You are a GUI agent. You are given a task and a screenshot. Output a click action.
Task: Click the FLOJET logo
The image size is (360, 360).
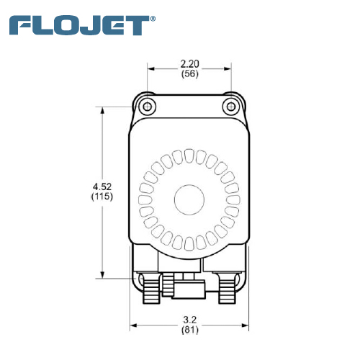tap(79, 25)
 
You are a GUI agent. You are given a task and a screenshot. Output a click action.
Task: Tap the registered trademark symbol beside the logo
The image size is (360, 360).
tap(153, 19)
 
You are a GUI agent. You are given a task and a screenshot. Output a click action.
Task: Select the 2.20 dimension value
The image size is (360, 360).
tap(189, 64)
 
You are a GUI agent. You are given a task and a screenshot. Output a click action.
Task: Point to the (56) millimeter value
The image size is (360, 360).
tap(190, 73)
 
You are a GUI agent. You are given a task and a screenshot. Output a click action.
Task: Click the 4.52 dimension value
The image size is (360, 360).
tap(102, 186)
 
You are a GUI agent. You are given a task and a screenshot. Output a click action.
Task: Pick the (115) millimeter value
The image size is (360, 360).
tap(102, 197)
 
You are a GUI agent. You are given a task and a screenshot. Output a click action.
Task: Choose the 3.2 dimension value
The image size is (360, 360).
tap(190, 320)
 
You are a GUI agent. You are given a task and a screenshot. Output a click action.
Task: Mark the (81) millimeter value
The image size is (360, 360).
tap(190, 330)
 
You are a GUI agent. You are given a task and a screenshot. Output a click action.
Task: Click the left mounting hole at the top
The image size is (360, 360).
tap(147, 106)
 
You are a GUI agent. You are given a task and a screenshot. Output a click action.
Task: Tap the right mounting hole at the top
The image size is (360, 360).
tap(231, 106)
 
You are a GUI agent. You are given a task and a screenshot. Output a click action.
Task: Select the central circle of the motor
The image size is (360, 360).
tap(189, 199)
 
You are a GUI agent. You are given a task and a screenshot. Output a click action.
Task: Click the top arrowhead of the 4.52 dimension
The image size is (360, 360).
tap(102, 112)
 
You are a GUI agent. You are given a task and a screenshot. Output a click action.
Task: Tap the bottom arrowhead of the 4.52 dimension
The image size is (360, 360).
tap(102, 274)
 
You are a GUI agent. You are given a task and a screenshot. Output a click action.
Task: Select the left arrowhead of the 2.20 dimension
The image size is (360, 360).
tap(151, 69)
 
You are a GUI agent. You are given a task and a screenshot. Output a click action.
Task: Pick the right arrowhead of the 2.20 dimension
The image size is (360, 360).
tap(227, 69)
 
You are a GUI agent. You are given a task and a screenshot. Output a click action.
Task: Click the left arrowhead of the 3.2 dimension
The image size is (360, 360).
tap(134, 325)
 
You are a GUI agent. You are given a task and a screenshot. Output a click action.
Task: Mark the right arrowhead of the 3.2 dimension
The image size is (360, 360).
tap(245, 325)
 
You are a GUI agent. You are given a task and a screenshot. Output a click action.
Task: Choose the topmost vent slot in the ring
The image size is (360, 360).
tap(189, 156)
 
